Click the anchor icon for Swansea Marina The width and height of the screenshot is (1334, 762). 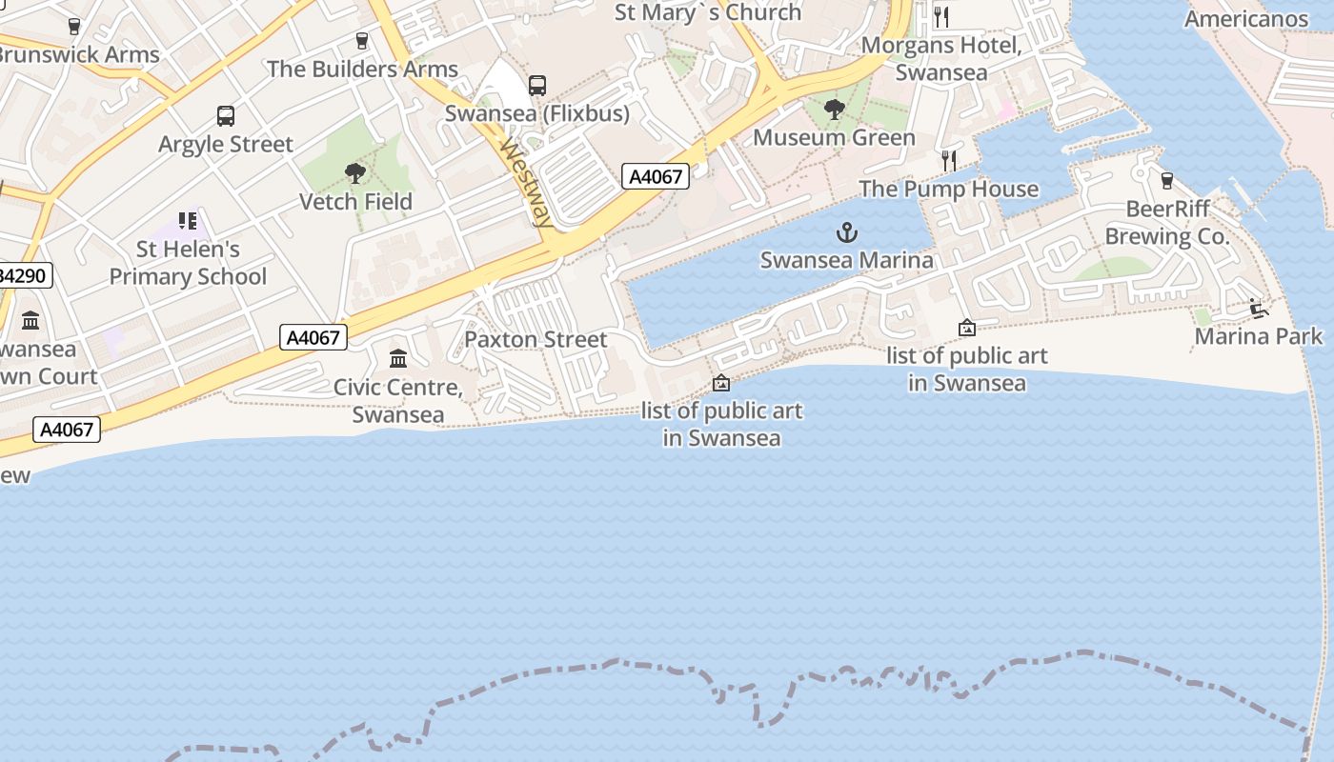coord(846,232)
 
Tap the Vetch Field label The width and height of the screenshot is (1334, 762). coord(355,202)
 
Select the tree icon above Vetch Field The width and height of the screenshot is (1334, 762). coord(355,172)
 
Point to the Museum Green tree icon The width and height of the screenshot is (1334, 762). coord(834,110)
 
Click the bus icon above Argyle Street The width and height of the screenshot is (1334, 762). coord(226,116)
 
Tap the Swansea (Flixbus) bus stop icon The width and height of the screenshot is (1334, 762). coord(537,86)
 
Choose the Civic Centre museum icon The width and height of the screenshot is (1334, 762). coord(398,358)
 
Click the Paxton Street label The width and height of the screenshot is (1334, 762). coord(536,340)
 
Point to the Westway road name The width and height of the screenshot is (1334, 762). coord(527,184)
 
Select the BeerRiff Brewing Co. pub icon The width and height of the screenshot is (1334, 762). coord(1166,180)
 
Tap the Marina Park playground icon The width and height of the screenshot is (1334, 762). coord(1258,308)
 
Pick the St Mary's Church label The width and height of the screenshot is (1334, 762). coord(708,12)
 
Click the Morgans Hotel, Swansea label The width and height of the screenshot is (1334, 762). coord(941,59)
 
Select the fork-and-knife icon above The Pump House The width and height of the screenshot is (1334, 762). coord(948,160)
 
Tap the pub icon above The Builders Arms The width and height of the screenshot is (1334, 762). coord(361,40)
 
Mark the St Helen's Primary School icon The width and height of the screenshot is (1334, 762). coord(188,221)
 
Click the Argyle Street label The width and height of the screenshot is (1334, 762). coord(226,145)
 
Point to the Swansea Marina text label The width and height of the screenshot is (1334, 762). coord(846,260)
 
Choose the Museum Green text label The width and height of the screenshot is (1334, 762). coord(834,138)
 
